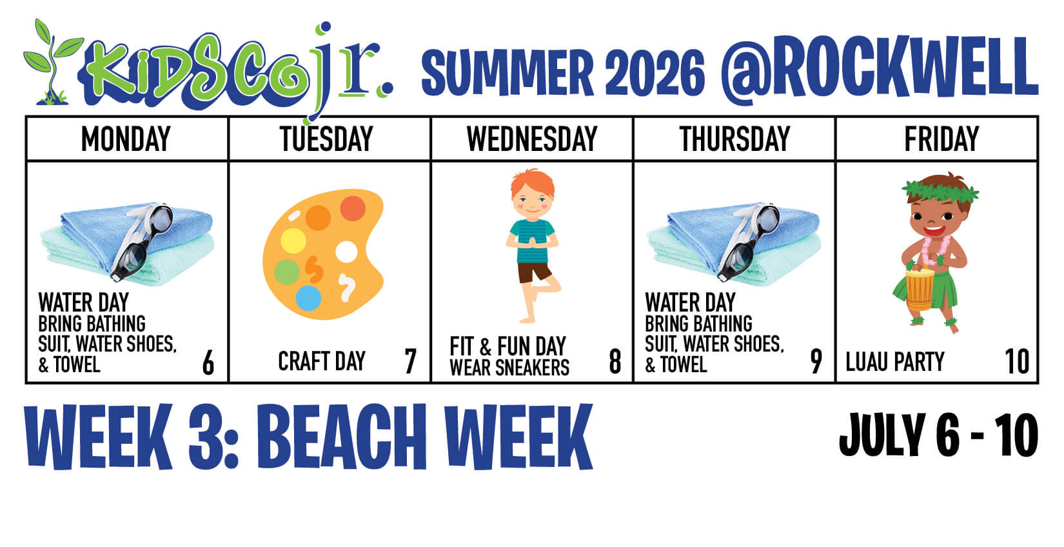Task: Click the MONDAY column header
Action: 126,139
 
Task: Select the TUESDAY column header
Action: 327,139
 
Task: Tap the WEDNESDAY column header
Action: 532,139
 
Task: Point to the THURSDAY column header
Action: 734,139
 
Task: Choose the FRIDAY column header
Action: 941,139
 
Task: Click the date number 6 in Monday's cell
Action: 208,363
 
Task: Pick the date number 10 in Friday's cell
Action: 1017,361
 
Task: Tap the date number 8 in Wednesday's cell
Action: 615,361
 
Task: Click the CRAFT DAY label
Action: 322,361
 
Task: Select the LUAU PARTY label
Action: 895,362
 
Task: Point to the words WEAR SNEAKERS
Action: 509,368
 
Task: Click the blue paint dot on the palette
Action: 308,298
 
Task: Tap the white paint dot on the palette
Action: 346,252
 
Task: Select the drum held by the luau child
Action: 919,290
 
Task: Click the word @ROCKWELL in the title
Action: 879,70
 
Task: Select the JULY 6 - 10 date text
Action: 939,435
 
